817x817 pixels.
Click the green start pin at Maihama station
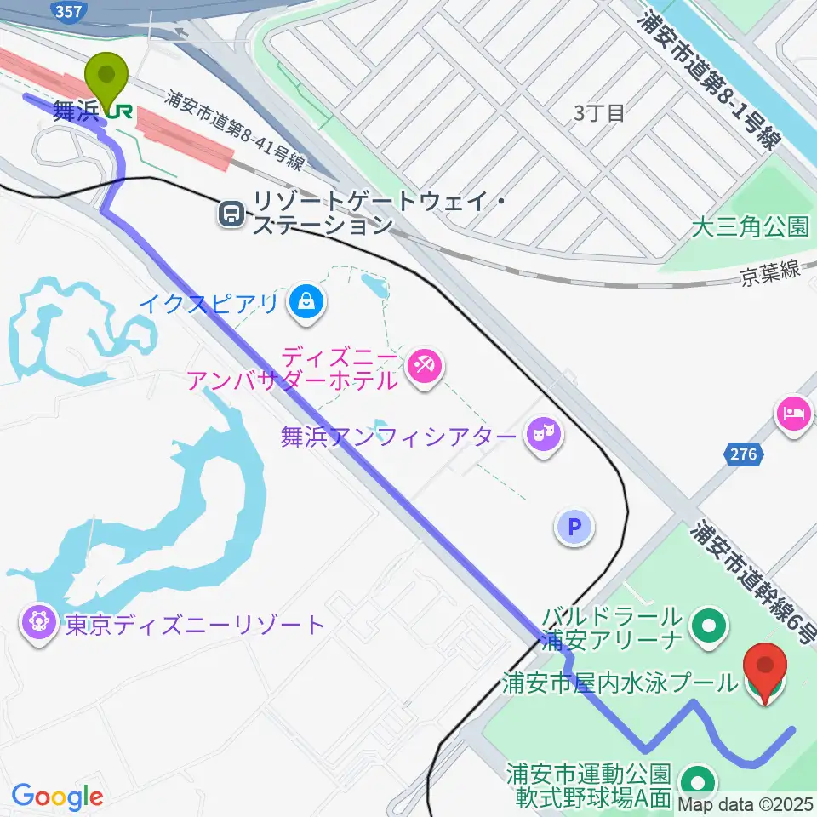click(x=109, y=77)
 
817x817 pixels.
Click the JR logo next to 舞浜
click(x=120, y=111)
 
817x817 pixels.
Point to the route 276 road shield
click(x=743, y=454)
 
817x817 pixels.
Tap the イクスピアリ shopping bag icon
click(x=305, y=300)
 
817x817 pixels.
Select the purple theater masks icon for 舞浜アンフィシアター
click(x=540, y=436)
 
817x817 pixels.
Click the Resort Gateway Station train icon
click(x=231, y=214)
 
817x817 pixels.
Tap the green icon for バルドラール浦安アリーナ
click(x=707, y=627)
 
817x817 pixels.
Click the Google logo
click(x=57, y=797)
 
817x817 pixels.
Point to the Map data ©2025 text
click(x=751, y=803)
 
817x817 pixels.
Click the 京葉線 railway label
click(x=770, y=273)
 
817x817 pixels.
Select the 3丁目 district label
click(x=599, y=112)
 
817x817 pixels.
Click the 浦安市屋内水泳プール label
click(x=620, y=683)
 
